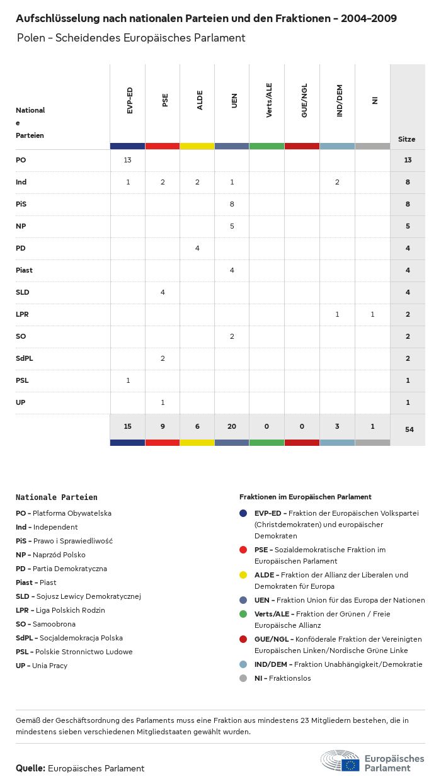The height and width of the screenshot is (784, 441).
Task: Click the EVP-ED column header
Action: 129,101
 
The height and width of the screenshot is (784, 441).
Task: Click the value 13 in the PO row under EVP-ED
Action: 127,160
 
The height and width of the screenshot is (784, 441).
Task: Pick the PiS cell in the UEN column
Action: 232,204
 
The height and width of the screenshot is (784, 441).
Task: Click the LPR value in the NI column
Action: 372,314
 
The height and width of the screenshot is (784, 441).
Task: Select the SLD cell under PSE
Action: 163,292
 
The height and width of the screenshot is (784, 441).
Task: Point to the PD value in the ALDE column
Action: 197,248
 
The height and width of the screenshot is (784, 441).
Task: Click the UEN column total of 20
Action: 232,426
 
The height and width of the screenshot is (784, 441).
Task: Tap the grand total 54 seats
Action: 408,429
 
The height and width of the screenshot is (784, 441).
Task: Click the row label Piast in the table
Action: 24,270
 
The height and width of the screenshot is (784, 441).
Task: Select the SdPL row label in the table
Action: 24,358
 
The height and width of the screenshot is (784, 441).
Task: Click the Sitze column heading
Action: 407,139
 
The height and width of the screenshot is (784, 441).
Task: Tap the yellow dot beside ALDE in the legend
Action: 243,575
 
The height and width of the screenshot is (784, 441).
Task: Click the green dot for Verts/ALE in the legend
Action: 243,614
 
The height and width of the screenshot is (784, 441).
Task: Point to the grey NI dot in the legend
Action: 243,678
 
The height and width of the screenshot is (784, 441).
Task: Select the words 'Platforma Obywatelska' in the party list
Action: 72,513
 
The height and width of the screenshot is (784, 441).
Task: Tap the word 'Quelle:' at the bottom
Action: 30,768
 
